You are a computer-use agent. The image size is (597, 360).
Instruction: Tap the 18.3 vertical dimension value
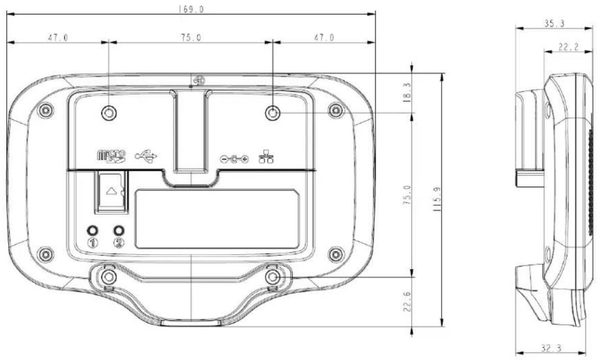pos(407,92)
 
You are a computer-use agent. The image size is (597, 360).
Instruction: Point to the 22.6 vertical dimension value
pos(407,302)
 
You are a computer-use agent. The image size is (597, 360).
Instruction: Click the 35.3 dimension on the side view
pos(554,23)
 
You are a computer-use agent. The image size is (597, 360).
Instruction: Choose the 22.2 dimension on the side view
pos(568,47)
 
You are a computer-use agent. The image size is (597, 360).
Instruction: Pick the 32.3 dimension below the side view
pos(550,348)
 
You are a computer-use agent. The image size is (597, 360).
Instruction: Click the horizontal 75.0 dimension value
pos(191,37)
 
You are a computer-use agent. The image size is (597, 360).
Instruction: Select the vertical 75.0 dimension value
pos(407,195)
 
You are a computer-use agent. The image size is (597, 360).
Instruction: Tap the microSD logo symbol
pos(111,156)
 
